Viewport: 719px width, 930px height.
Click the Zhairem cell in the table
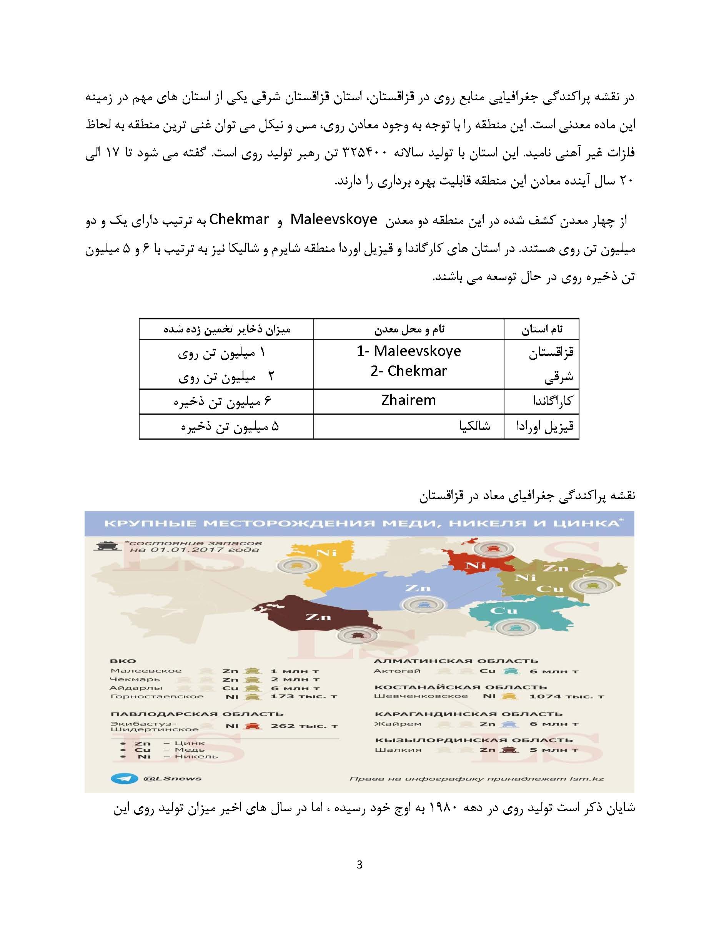point(408,401)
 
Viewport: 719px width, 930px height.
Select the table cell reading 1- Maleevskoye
point(408,351)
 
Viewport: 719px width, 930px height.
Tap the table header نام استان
point(541,329)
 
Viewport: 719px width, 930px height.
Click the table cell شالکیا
point(474,426)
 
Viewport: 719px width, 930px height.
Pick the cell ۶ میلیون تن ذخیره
point(222,401)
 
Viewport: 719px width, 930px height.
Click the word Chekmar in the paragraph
point(239,219)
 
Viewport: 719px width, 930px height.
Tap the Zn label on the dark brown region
point(319,616)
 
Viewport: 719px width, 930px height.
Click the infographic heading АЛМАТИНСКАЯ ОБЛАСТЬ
point(456,661)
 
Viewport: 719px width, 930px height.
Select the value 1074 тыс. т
point(566,697)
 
